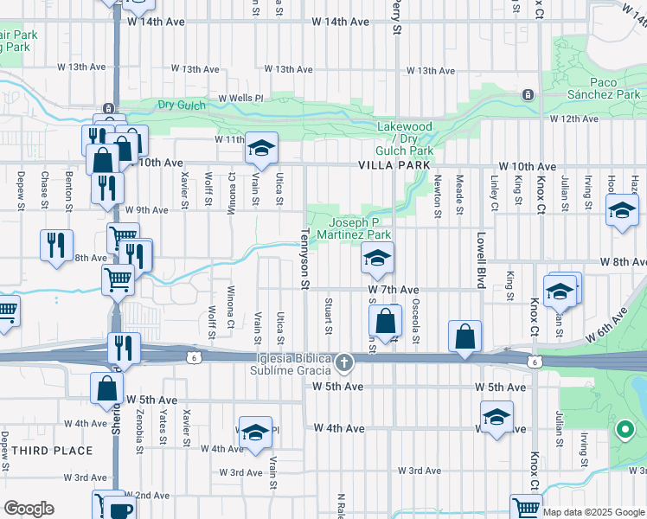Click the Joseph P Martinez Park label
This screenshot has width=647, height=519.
coord(354,227)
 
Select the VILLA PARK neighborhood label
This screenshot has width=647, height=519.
coord(394,165)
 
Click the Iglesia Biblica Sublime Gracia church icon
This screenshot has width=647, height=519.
coord(345,362)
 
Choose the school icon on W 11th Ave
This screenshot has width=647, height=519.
coord(260,148)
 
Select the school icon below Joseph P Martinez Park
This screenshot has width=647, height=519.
coord(377,258)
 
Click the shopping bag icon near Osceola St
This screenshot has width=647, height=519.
coord(386,321)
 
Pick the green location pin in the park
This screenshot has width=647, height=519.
coord(624,428)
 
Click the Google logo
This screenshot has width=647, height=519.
coord(29,509)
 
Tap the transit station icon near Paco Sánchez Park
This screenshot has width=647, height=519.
coord(526,94)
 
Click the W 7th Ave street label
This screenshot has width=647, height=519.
coord(393,290)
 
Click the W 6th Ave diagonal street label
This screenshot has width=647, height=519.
coord(605,324)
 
